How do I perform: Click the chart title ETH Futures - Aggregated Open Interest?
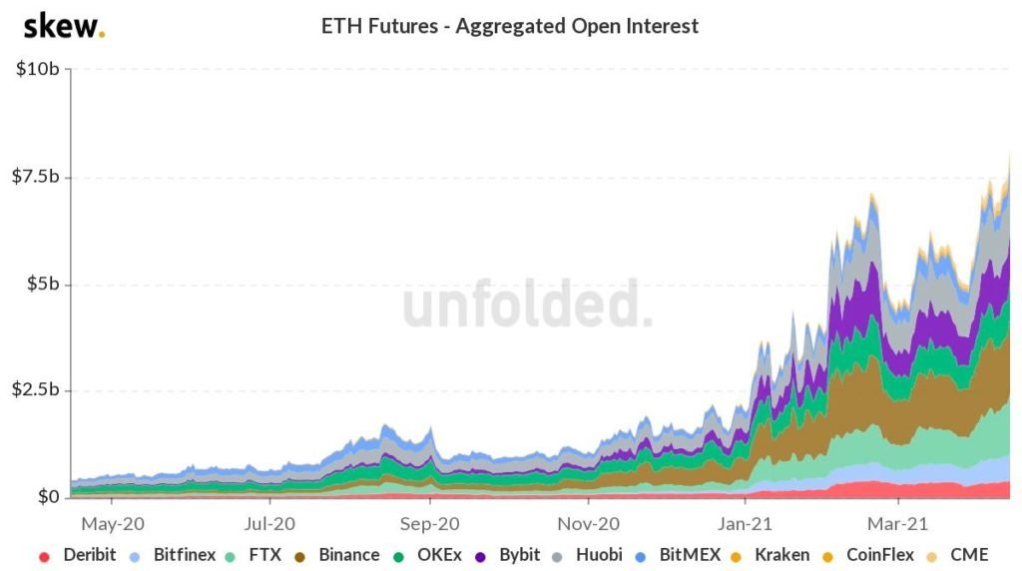pos(510,27)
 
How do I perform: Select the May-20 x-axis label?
pos(114,522)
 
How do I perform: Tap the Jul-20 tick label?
pos(270,522)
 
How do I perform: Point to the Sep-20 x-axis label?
pos(430,522)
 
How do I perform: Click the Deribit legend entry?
pos(80,555)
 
